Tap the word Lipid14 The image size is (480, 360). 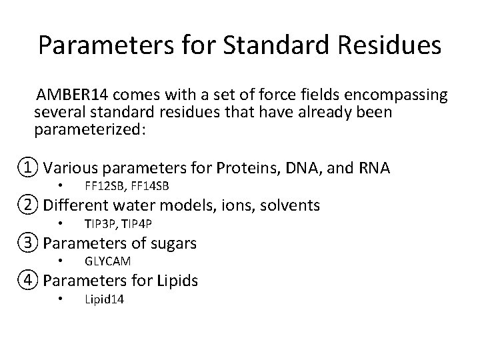[x=104, y=299]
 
